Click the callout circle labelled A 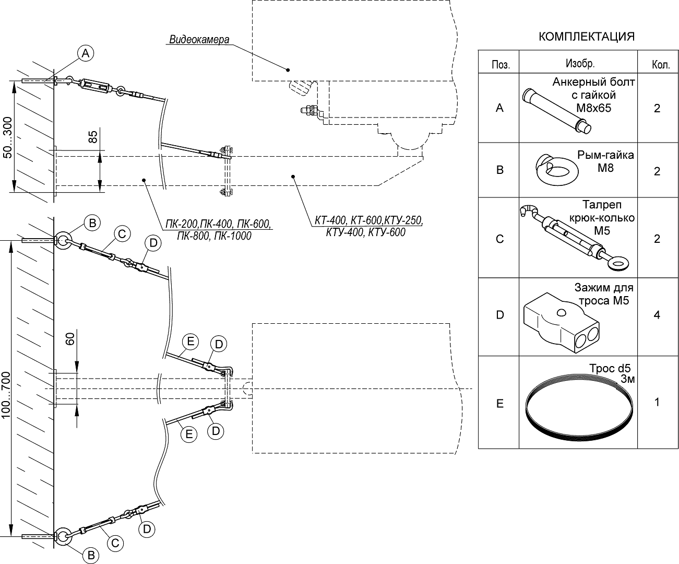(x=86, y=52)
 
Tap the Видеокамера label (x=199, y=40)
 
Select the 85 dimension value (x=93, y=137)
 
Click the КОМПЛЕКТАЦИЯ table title (x=586, y=37)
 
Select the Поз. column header (x=500, y=65)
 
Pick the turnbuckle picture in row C (x=573, y=236)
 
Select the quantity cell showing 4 (x=657, y=315)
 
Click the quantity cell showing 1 (x=657, y=402)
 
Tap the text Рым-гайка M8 (x=605, y=161)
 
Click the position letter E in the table (x=499, y=403)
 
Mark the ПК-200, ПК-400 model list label (x=218, y=230)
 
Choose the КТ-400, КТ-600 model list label (x=367, y=227)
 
